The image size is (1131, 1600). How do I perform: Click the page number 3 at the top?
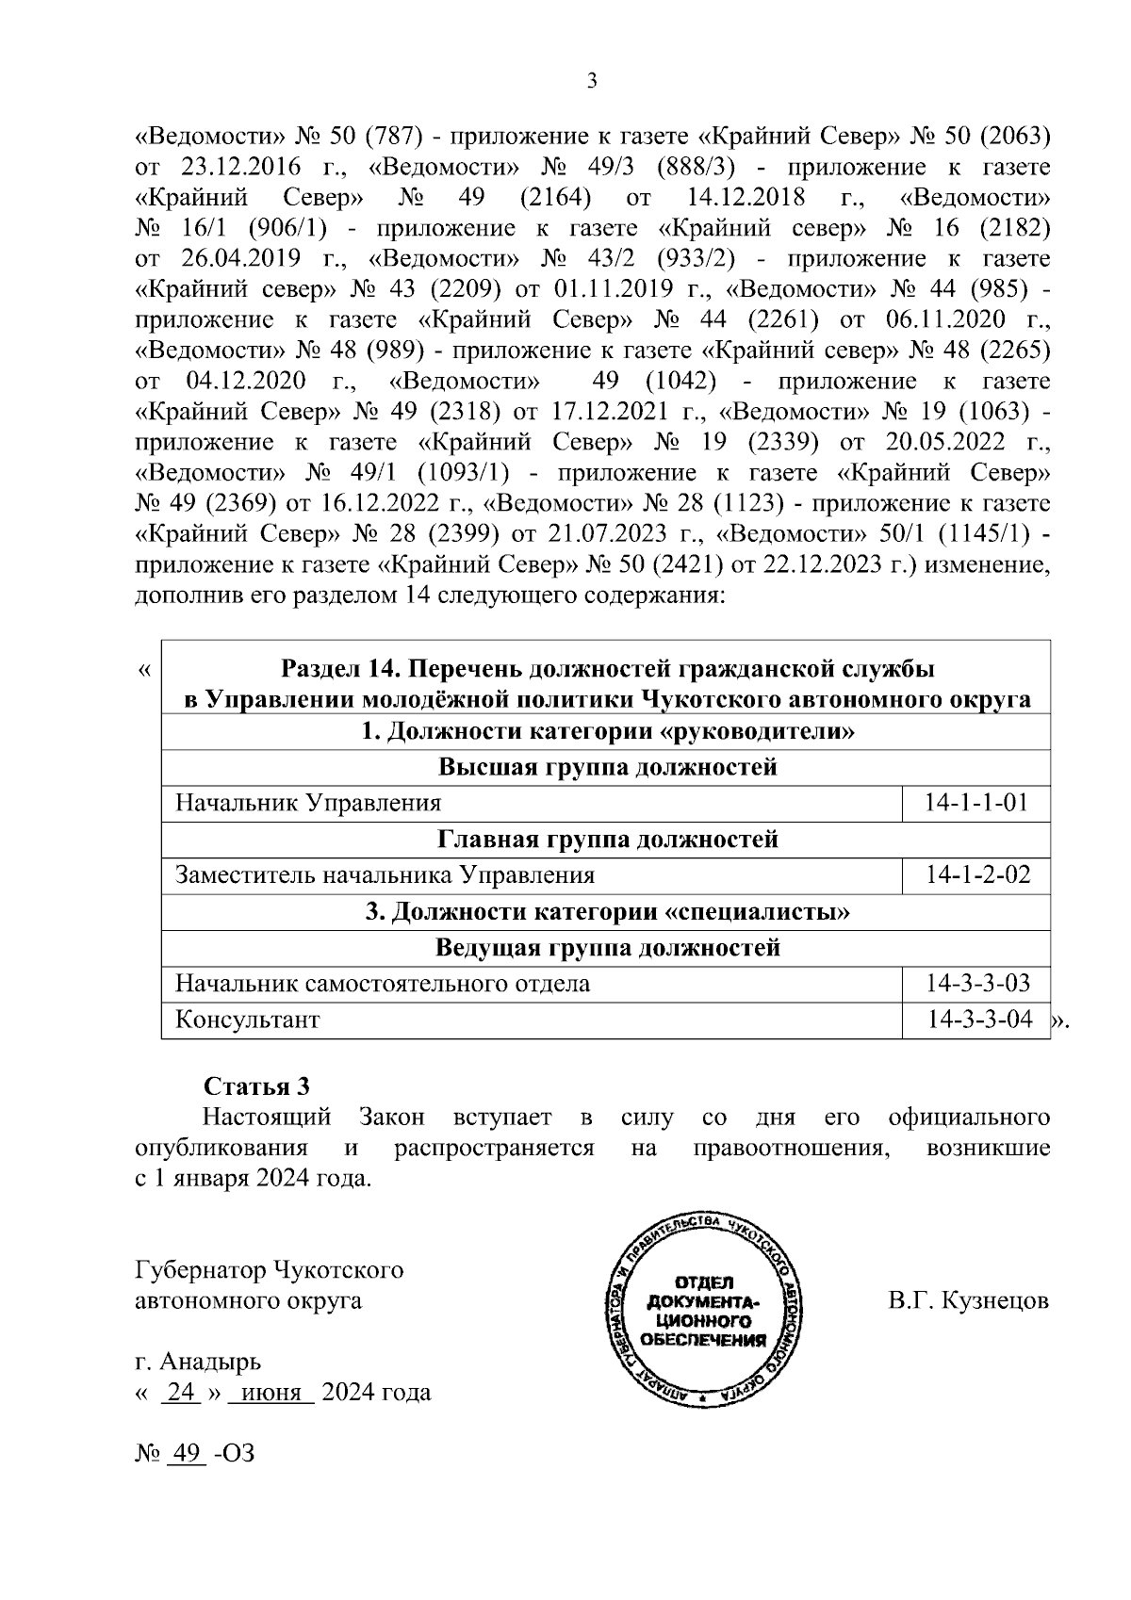592,82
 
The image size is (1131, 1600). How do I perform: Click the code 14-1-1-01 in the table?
975,803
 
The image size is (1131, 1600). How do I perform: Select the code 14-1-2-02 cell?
975,875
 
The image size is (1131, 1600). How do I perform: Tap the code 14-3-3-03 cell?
975,984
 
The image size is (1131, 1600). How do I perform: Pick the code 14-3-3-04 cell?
975,1020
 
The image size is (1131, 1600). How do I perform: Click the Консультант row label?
248,1020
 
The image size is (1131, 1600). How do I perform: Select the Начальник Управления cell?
308,803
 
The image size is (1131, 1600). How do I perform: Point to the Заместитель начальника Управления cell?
385,875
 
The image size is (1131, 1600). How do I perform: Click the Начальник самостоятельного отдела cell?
383,984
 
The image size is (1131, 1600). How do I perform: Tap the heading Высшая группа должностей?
608,767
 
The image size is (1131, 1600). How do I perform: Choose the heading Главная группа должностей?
608,839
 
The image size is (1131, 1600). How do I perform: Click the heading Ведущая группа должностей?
608,947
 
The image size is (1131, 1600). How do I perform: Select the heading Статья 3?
256,1086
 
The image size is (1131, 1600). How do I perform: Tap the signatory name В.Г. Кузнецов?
968,1301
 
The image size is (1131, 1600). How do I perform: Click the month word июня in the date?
270,1392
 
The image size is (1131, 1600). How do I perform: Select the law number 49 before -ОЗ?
186,1453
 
